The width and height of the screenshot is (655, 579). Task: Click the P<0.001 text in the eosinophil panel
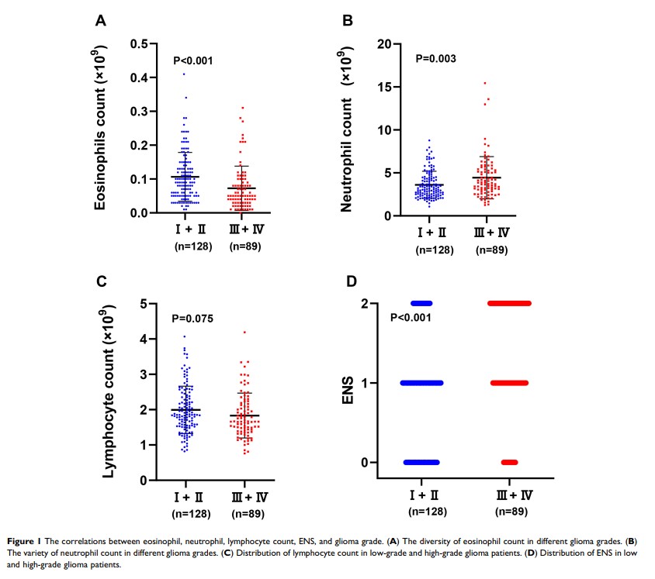[192, 60]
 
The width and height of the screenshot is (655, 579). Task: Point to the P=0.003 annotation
[436, 58]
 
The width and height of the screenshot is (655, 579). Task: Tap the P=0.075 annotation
[192, 319]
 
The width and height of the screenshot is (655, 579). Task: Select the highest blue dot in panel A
[184, 74]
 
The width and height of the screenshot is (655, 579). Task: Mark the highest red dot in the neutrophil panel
[484, 83]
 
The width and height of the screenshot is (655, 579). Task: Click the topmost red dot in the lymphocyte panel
[244, 333]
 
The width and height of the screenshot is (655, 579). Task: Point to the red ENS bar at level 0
[509, 462]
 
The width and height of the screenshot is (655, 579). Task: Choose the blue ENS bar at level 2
[421, 303]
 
